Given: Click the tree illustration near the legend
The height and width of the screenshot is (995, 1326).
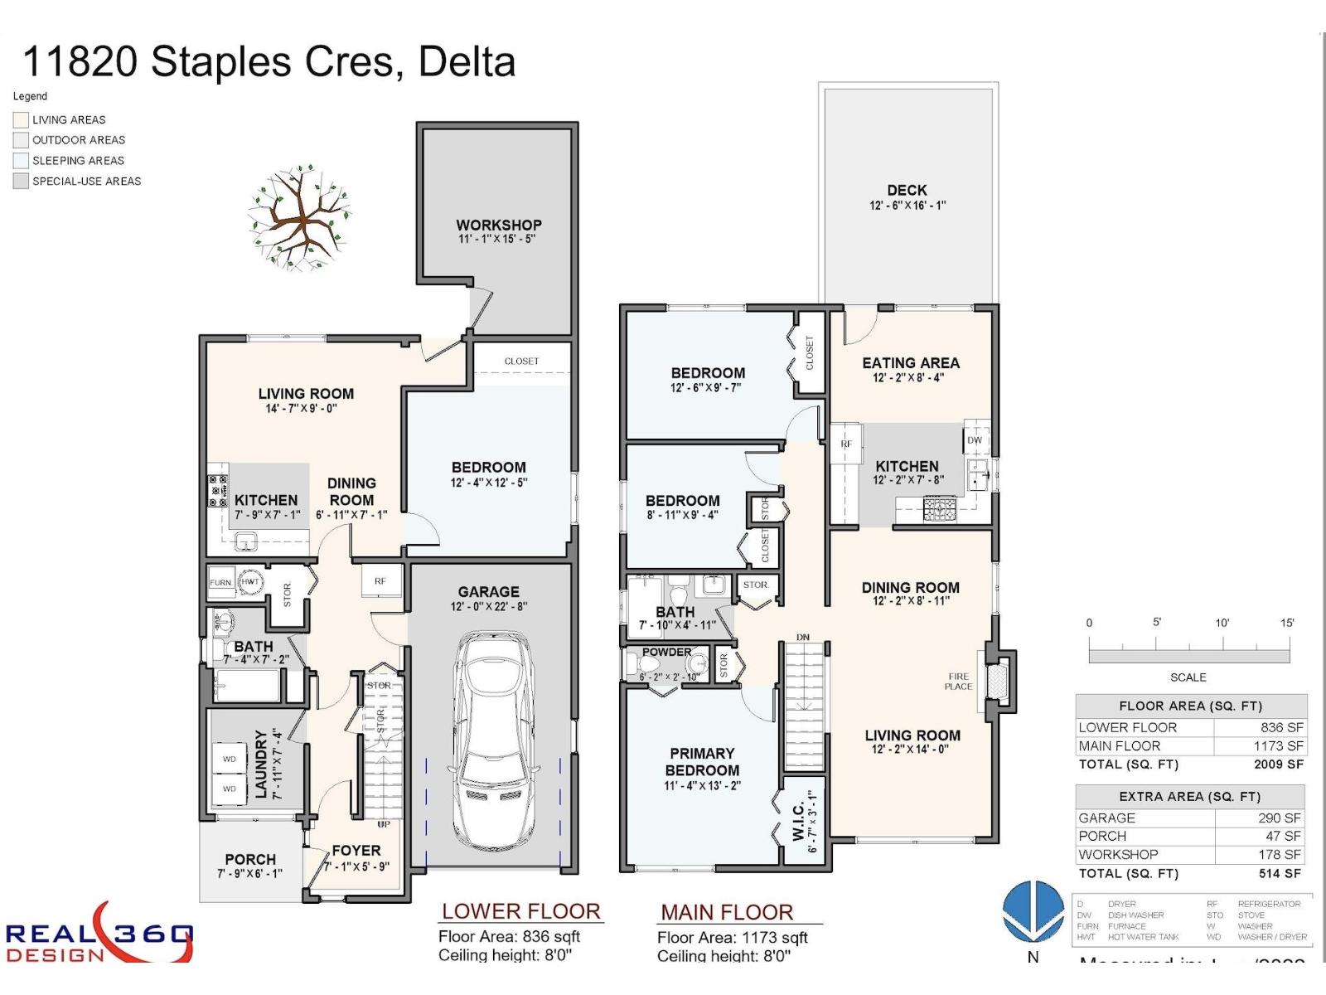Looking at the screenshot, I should [299, 218].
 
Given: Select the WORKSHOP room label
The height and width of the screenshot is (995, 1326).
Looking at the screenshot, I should [498, 225].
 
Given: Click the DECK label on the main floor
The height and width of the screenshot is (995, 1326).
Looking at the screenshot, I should [907, 190].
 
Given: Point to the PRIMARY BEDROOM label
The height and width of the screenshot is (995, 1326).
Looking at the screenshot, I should [702, 761].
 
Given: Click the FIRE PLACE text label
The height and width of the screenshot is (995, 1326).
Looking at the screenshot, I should [958, 682].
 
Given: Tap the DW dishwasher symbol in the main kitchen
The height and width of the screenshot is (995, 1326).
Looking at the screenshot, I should [975, 440].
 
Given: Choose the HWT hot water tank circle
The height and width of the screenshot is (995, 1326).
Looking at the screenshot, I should [250, 582].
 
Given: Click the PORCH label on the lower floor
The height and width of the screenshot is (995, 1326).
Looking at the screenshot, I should [249, 859].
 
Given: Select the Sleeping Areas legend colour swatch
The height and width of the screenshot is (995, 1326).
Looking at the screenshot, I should [21, 161].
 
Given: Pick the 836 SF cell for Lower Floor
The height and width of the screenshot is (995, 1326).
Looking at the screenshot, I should [1281, 727].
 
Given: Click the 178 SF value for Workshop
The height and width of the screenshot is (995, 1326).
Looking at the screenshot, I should [1280, 854].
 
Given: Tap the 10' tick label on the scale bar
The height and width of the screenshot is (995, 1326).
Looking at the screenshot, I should [1222, 623].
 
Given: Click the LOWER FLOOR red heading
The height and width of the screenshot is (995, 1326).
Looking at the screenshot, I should [520, 911].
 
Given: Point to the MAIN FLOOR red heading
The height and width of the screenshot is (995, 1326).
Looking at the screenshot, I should [727, 912].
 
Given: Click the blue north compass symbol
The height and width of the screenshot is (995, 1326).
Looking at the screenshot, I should [1033, 911].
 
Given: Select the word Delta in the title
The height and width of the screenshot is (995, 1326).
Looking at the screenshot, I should [467, 61].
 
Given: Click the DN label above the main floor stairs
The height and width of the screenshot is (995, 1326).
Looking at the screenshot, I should [802, 637].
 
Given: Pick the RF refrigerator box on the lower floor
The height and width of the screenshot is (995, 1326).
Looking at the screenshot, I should [380, 580].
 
